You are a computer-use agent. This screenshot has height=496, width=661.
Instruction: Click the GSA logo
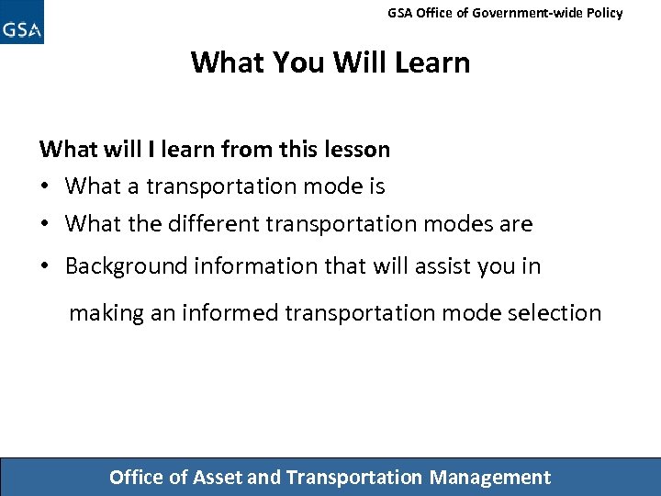click(22, 23)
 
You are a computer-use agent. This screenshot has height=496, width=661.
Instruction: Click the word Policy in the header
click(602, 13)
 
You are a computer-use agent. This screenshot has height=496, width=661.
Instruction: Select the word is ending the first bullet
click(376, 186)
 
